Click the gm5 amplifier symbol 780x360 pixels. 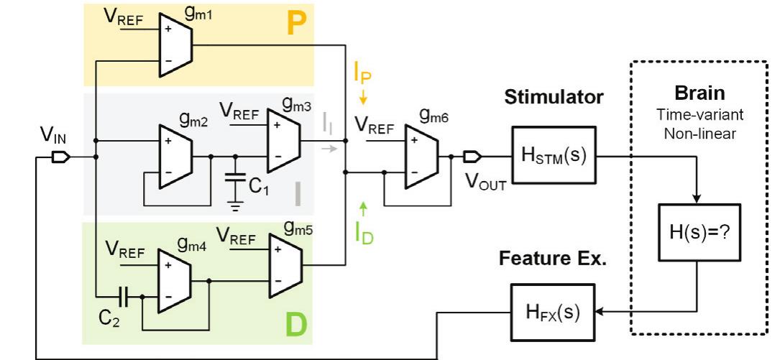(x=283, y=265)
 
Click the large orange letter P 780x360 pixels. (x=295, y=25)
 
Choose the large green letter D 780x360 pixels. (x=295, y=325)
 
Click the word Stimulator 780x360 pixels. (x=554, y=98)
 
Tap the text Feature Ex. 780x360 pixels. (x=553, y=259)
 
